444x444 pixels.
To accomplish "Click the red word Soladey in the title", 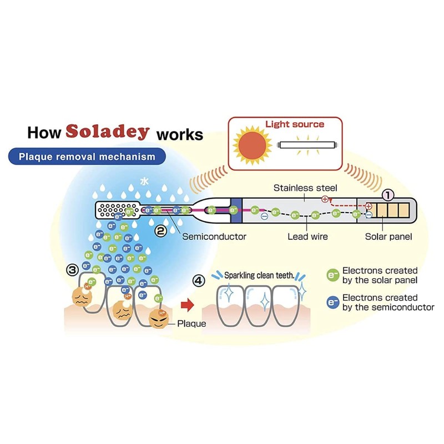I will (108, 132).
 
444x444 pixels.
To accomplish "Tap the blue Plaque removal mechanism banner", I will (87, 157).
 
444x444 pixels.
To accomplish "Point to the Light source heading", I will (295, 124).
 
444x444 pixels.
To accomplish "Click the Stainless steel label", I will (305, 188).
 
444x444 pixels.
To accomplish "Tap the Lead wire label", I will (307, 236).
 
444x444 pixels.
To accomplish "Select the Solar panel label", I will (389, 236).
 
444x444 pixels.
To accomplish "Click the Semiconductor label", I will (214, 236).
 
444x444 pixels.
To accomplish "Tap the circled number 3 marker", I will (72, 270).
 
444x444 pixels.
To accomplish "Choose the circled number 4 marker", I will (199, 281).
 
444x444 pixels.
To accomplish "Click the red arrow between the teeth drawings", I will (187, 305).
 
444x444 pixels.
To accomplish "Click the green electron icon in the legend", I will (332, 275).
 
